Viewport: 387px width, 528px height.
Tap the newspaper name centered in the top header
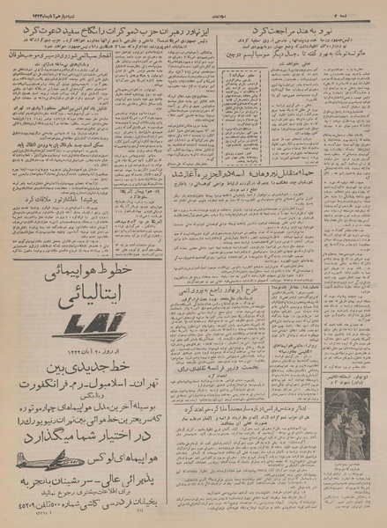pyautogui.click(x=193, y=14)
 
